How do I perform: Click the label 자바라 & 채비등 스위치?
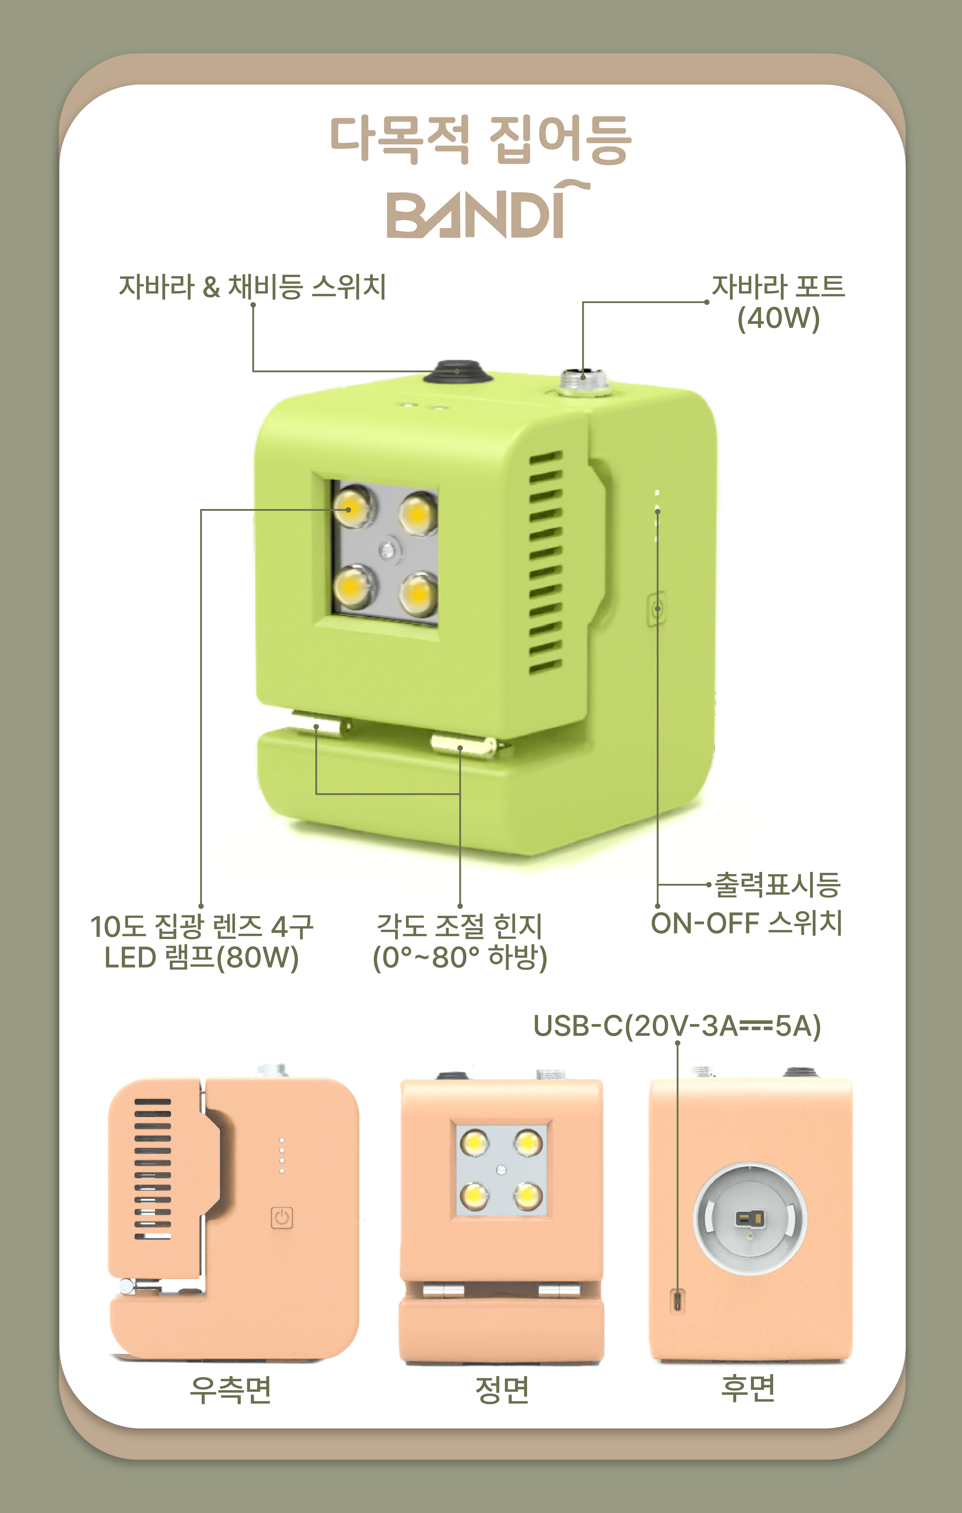coord(252,286)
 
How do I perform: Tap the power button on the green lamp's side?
coord(657,608)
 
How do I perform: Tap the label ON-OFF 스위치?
coord(746,923)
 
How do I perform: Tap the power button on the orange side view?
coord(282,1218)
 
